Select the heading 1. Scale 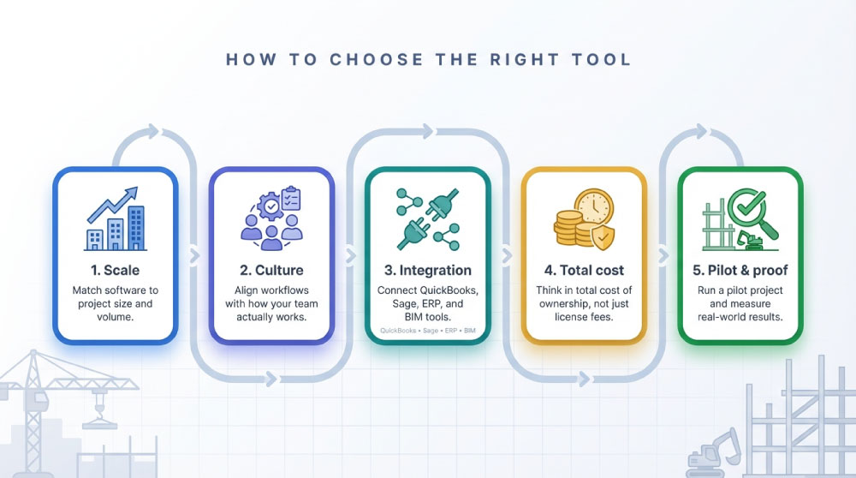pyautogui.click(x=116, y=271)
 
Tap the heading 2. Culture pyautogui.click(x=271, y=271)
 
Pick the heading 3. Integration pyautogui.click(x=428, y=271)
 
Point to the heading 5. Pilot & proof pyautogui.click(x=740, y=271)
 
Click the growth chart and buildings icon pyautogui.click(x=116, y=219)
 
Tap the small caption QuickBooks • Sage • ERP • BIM pyautogui.click(x=428, y=330)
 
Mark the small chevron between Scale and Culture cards pyautogui.click(x=193, y=254)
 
